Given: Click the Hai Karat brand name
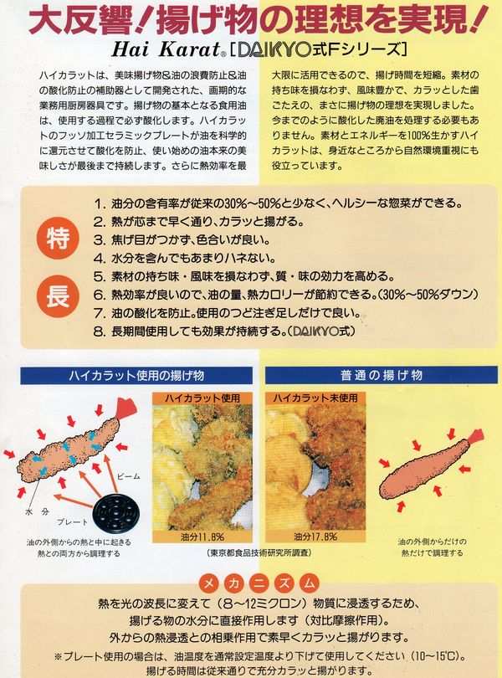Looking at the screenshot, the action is click(166, 49).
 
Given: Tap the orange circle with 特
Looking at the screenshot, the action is click(59, 239).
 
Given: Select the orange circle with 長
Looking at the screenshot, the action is click(58, 296).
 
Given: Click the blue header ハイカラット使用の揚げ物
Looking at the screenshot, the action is click(136, 375).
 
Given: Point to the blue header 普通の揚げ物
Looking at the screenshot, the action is click(381, 375).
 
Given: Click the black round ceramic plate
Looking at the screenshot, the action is click(115, 513).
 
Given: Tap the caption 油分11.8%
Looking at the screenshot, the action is click(202, 537).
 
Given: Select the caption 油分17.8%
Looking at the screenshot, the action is click(315, 537).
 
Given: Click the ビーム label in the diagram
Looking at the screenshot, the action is click(129, 476).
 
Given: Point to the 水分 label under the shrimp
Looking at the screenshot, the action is click(36, 511).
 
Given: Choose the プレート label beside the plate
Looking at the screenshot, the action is click(73, 522).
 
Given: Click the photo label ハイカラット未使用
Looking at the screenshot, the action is click(315, 398).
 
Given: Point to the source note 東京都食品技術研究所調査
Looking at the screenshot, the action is click(259, 552).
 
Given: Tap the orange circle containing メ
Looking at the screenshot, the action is click(209, 584).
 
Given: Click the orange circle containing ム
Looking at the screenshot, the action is click(309, 584).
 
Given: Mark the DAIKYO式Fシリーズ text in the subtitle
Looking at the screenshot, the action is click(319, 49).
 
